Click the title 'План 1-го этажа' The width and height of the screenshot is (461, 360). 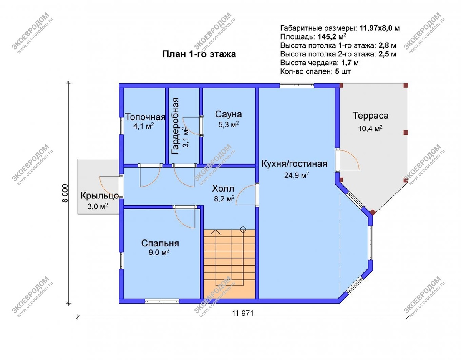(x=199, y=54)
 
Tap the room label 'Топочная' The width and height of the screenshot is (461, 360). (x=145, y=117)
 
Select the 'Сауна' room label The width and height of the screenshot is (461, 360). (x=228, y=114)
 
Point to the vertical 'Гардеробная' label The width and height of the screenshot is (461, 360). (x=176, y=126)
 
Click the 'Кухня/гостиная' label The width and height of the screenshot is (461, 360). (x=294, y=164)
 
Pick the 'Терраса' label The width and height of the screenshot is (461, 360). (x=370, y=116)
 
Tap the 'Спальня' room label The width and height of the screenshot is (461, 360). (x=160, y=243)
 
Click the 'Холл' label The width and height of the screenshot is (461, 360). (x=223, y=188)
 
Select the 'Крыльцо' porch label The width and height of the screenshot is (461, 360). (x=99, y=196)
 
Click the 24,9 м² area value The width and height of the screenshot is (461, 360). (x=297, y=175)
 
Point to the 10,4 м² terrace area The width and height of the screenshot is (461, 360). (x=370, y=129)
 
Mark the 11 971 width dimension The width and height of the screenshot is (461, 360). (x=242, y=314)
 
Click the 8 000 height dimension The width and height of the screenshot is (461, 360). (x=65, y=193)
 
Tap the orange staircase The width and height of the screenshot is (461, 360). (x=229, y=264)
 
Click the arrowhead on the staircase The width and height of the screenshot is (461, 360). (x=216, y=232)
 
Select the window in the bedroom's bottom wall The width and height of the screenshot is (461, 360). (x=162, y=301)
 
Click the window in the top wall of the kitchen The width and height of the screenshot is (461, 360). (x=297, y=85)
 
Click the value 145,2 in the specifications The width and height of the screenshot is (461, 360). (x=327, y=37)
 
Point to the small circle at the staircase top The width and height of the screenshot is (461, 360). (x=243, y=229)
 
